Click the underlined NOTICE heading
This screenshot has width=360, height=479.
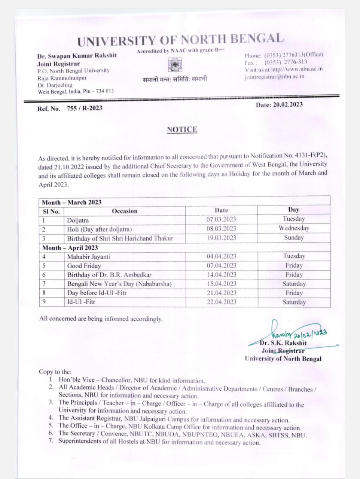pos(182,129)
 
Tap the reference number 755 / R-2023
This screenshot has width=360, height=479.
pos(84,108)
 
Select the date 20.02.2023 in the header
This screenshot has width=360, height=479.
pos(287,105)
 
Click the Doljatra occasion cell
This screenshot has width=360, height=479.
pos(78,220)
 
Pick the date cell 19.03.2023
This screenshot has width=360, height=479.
pos(221,238)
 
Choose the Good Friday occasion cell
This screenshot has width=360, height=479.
pos(84,266)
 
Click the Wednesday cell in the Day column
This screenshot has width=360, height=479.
pos(294,228)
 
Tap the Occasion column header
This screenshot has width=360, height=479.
pos(125,211)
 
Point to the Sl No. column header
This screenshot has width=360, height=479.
pos(51,211)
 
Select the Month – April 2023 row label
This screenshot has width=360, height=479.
pos(70,248)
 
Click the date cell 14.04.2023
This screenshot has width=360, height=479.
pos(222,275)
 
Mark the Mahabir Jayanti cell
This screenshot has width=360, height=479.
pos(88,257)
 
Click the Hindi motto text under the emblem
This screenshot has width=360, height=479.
pos(175,79)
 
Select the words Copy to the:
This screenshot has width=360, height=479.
pos(55,372)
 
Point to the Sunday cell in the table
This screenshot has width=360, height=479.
pos(294,237)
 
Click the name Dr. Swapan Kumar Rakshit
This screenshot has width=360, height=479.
pos(77,55)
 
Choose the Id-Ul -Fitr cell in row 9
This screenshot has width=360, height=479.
pos(81,302)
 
